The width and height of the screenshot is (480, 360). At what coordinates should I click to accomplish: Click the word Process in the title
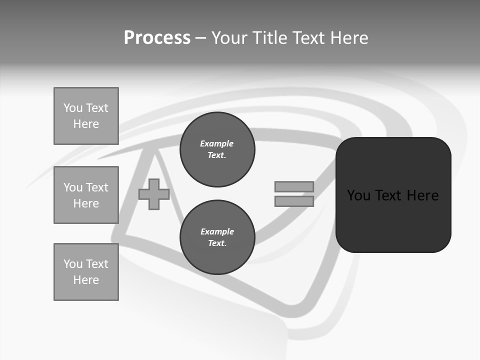(157, 38)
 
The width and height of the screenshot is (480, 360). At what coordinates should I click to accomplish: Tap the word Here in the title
(348, 38)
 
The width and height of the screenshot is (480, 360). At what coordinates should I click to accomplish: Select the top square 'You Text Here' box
(86, 116)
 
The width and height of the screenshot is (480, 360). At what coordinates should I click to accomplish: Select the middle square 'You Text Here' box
(86, 195)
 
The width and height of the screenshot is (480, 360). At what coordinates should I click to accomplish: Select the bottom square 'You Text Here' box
(86, 272)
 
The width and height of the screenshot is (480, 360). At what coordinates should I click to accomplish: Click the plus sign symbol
(153, 194)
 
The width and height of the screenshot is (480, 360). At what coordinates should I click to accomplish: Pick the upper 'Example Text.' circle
(217, 149)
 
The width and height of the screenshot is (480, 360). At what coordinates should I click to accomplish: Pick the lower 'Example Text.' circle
(217, 237)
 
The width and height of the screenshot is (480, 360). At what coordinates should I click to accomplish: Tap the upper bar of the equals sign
(294, 186)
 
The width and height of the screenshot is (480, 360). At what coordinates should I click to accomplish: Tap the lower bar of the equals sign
(294, 201)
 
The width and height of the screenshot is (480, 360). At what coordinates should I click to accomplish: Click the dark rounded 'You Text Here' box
(393, 194)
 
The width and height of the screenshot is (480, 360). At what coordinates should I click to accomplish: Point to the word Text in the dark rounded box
(388, 195)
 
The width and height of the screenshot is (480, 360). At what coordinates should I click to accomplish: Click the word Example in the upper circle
(217, 143)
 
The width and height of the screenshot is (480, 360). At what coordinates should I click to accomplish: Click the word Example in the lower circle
(217, 231)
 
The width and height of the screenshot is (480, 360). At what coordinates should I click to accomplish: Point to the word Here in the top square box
(86, 124)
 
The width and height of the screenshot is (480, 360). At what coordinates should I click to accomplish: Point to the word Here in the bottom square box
(86, 280)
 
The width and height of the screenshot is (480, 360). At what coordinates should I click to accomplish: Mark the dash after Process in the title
(201, 38)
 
